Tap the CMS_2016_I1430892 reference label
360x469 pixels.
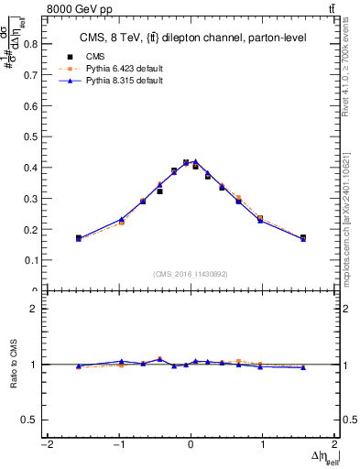pyautogui.click(x=191, y=274)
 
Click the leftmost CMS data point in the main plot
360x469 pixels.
pyautogui.click(x=79, y=238)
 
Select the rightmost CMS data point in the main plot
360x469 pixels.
pyautogui.click(x=303, y=238)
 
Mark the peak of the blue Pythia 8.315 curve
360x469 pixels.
pyautogui.click(x=195, y=161)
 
